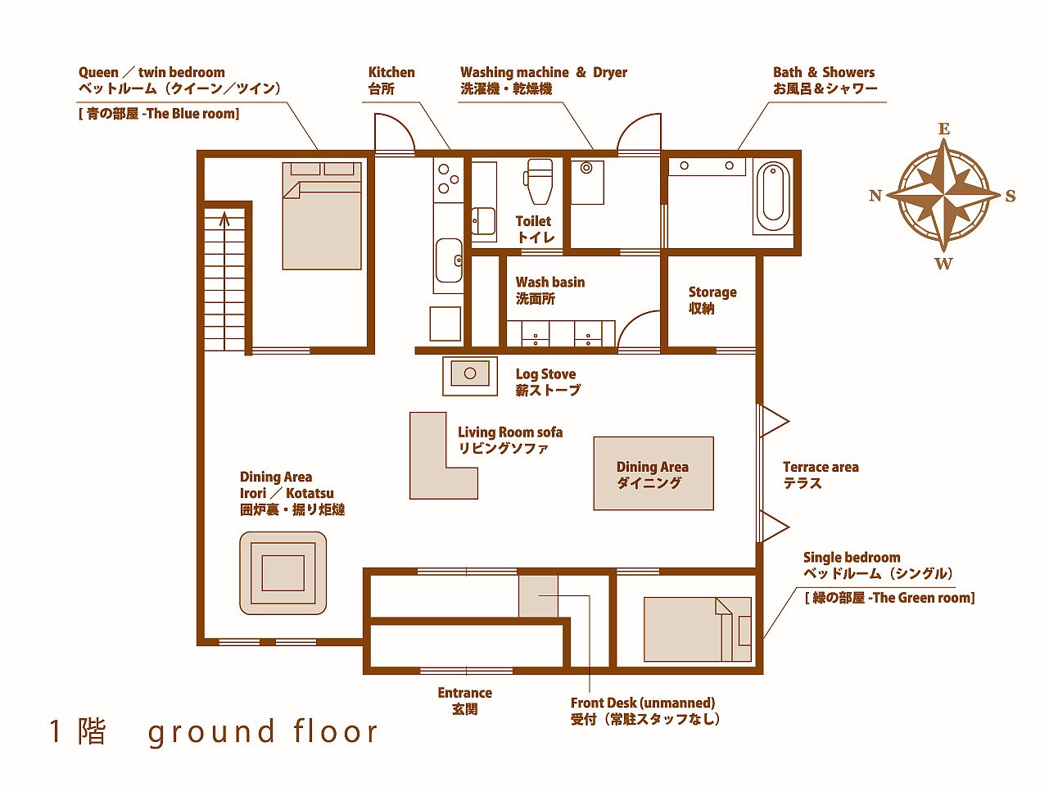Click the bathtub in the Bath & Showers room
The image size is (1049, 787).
pos(773,197)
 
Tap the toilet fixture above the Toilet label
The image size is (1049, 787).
pos(539,182)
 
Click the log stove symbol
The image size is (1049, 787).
pos(470,376)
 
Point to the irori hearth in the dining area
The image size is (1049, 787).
pos(283,573)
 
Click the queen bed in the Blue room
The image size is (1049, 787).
pos(322,216)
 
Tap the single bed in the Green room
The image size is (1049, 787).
pos(697,629)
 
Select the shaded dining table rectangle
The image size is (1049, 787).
pos(653,473)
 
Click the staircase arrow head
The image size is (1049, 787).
pos(224,219)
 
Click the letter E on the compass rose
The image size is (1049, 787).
pos(943,129)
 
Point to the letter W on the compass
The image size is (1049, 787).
pos(943,264)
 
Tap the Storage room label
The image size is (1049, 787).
pos(712,300)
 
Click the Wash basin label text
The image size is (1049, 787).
pos(550,291)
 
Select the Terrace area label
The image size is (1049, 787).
pos(821,475)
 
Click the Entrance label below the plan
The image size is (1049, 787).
pos(464,700)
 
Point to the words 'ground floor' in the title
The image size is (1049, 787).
pos(262,732)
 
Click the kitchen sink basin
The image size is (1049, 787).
pos(449,260)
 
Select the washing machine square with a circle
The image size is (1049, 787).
pos(587,182)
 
